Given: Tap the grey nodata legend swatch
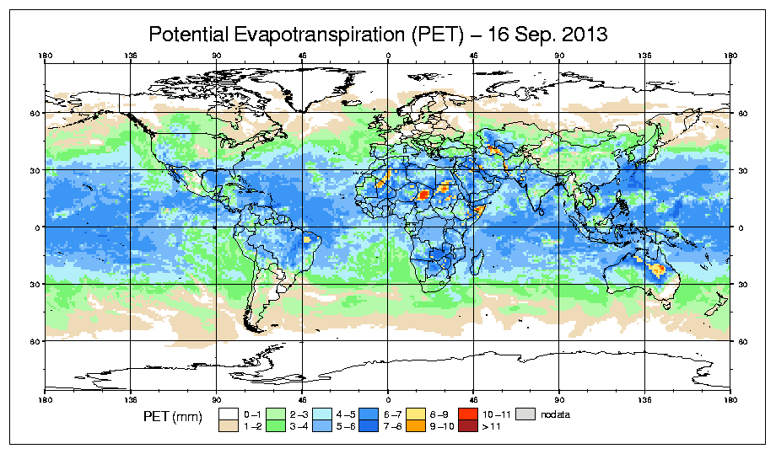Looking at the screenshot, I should tap(526, 414).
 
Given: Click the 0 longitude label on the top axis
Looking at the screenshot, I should tap(388, 57).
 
